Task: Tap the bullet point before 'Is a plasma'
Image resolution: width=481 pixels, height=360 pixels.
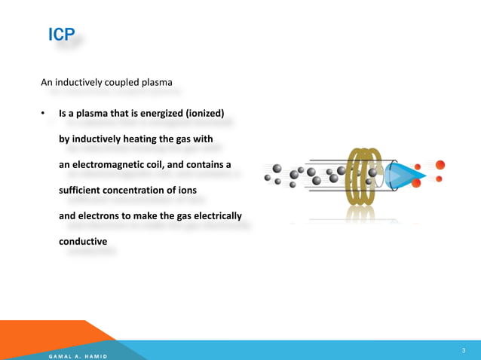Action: [44, 114]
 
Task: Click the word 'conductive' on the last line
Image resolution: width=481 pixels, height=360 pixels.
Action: [83, 242]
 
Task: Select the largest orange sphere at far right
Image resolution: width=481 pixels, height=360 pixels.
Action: [440, 165]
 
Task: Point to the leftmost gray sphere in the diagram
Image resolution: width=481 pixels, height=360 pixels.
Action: [268, 178]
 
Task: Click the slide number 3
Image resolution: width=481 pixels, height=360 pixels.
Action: [463, 350]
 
